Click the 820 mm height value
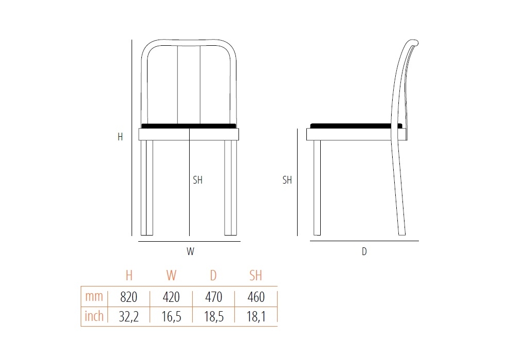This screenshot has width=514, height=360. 128,297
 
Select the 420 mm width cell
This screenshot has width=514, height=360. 171,297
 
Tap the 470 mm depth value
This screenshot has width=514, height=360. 214,297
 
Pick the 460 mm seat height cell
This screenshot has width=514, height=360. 256,297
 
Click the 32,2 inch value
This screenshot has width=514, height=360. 128,317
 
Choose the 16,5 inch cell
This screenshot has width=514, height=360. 171,317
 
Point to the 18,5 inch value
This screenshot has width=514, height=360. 214,317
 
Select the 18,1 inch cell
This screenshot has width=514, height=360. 256,317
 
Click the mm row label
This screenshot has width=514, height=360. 94,296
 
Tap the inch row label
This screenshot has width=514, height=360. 94,316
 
